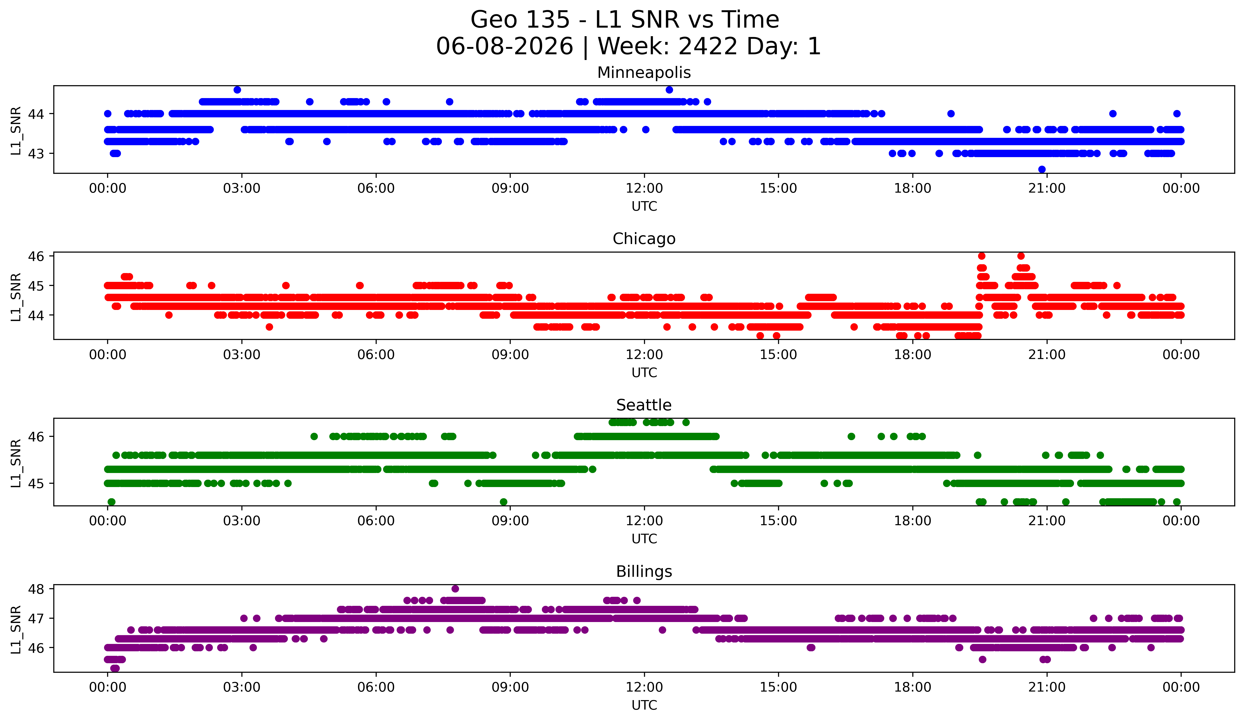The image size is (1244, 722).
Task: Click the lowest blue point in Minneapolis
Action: tap(1042, 169)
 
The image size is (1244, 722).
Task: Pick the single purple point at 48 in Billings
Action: tap(455, 589)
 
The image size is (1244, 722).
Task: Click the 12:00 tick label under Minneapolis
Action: tap(644, 189)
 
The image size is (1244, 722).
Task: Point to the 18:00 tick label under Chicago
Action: tap(913, 355)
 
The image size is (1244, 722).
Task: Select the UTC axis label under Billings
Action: tap(644, 705)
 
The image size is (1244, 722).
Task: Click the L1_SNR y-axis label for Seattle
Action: tap(16, 463)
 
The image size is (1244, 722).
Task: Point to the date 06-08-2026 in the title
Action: tap(505, 46)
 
